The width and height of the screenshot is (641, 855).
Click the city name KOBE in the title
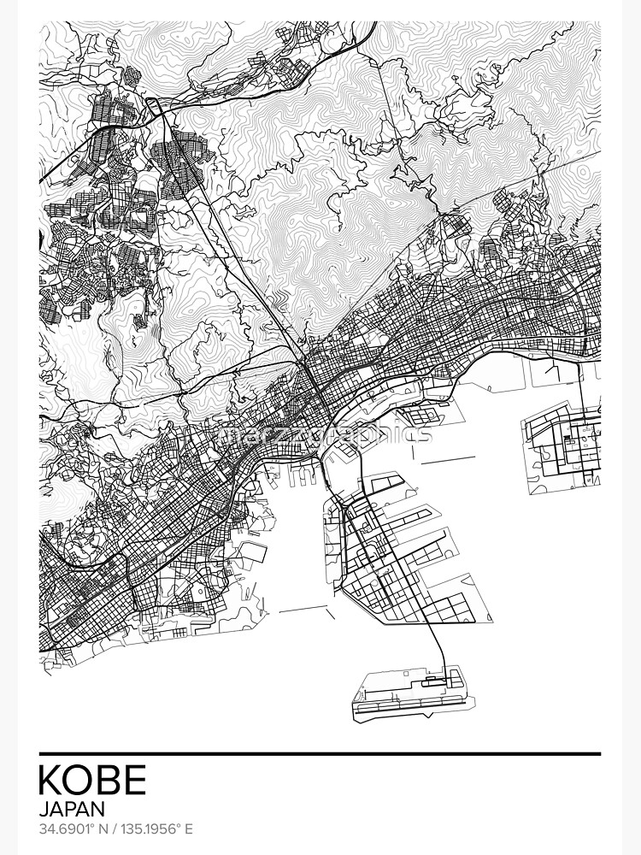coord(92,780)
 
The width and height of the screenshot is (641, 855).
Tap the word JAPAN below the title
coord(72,808)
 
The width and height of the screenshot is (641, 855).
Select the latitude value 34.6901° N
coord(74,829)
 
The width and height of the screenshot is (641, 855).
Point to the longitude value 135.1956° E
coord(159,829)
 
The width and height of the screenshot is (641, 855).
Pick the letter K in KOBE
coord(50,780)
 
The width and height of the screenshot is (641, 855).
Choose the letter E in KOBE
coord(135,780)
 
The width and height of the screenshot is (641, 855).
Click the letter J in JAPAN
coord(44,808)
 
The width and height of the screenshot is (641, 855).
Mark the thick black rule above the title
coord(320,754)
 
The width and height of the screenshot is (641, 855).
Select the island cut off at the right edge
coord(564,440)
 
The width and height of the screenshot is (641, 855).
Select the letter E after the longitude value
coord(189,829)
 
